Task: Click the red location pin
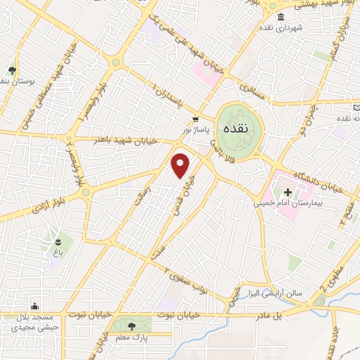click(x=181, y=165)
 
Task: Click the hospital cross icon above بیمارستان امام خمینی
click(x=288, y=191)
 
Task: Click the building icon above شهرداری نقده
click(x=281, y=17)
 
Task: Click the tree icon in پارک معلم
click(x=131, y=326)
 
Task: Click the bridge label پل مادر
click(x=287, y=316)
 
